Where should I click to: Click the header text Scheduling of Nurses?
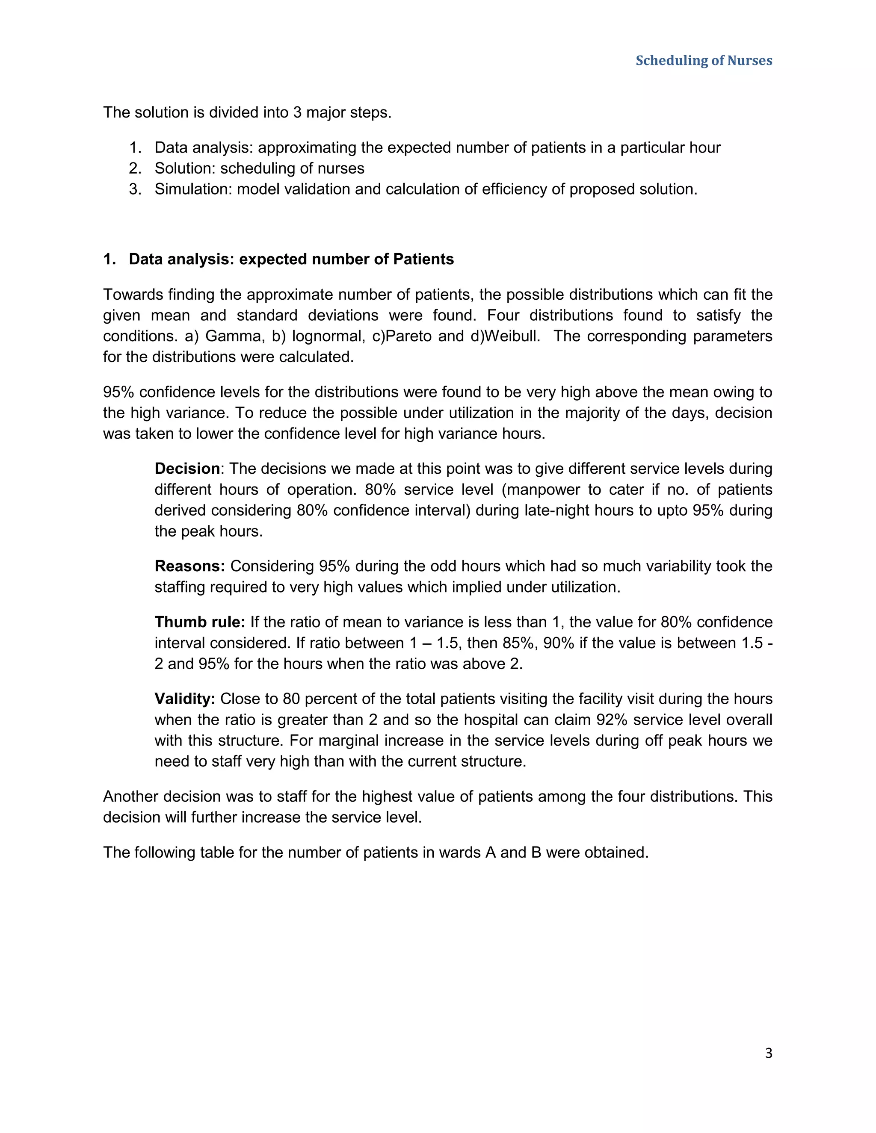coord(704,61)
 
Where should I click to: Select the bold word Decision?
coord(187,469)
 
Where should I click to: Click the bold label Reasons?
coord(189,566)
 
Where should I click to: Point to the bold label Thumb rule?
coord(200,622)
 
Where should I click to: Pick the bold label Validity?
coord(185,699)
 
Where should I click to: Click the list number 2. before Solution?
coord(135,168)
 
